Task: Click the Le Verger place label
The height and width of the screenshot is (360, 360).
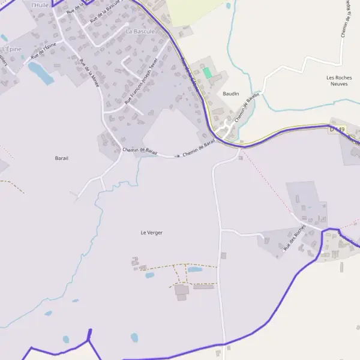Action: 151,232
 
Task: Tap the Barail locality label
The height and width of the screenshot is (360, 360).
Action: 61,158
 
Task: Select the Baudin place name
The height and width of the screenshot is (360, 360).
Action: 230,94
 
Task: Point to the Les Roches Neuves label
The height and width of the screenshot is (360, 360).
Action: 340,81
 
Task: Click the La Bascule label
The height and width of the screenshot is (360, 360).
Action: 140,31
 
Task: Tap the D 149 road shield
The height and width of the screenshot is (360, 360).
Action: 337,130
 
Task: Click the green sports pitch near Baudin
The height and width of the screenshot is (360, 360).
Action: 207,73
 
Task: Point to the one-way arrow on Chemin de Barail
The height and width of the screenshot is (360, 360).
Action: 176,155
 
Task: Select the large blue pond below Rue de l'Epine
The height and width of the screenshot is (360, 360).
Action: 40,73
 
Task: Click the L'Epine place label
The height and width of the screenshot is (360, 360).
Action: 11,48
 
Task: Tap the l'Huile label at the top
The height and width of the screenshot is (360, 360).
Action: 40,5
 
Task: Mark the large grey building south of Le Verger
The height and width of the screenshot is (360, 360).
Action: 182,290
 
